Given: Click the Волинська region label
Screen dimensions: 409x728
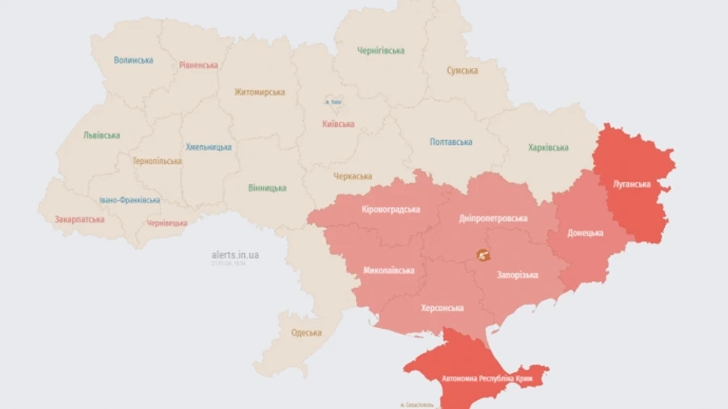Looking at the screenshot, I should coord(133,60).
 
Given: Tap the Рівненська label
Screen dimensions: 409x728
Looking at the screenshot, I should coord(198,65).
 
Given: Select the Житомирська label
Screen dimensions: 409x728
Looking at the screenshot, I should coord(260,92).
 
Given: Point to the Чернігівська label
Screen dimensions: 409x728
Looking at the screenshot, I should coord(381,50).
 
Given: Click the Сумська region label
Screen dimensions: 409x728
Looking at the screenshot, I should coord(462,70).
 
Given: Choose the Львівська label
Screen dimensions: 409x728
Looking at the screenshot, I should coord(101,135).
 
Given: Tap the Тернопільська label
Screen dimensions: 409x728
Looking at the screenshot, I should coord(158,160).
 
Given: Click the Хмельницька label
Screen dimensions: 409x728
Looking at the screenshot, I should coord(209,147).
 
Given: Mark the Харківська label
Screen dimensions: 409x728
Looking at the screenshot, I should coord(548,147).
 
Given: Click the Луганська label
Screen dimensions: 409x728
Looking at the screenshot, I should coord(633,184).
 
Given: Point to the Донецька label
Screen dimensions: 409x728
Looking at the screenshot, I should coord(585,232).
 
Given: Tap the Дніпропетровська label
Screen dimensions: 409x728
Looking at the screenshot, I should coord(493,218).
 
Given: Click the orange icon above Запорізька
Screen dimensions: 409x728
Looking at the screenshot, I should coord(483,255).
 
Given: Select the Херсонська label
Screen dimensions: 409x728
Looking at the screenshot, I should coord(442,308).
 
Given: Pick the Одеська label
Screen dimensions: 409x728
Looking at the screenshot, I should coord(306,332).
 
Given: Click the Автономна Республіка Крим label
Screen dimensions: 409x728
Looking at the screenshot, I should coord(480,378).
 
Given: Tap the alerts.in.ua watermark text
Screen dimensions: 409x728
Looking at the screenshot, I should coord(235,254).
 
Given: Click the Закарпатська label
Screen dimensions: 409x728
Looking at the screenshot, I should coord(79,219).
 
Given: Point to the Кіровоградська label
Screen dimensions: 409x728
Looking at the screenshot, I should coord(391,209).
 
